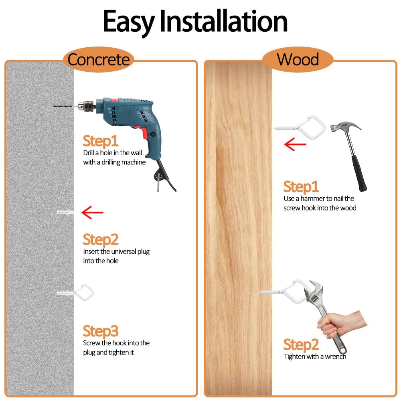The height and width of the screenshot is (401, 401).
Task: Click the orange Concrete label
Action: coord(98,60)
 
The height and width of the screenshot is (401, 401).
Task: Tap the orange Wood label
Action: coord(298,60)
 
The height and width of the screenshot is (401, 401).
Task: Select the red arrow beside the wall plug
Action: coord(92,212)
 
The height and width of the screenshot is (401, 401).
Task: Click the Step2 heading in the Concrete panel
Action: coord(101,239)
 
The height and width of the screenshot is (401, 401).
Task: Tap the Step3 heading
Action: coord(101,332)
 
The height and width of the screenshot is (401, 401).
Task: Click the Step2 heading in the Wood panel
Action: coord(301,345)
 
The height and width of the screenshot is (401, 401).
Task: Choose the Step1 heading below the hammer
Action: coord(301,187)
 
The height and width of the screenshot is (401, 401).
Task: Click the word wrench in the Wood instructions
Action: coord(335,356)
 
